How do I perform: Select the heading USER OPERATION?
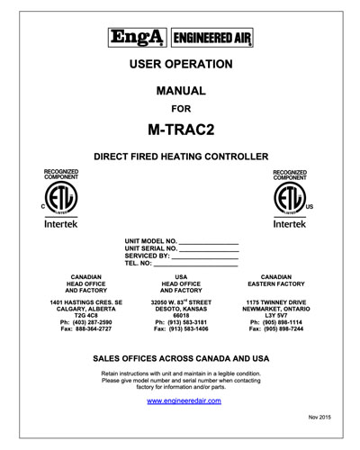click(181, 65)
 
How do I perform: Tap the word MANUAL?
click(181, 91)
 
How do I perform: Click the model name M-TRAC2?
click(181, 129)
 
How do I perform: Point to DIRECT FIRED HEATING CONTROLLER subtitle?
click(181, 156)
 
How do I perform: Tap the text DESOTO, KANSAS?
click(181, 309)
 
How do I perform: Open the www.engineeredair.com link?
click(181, 400)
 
